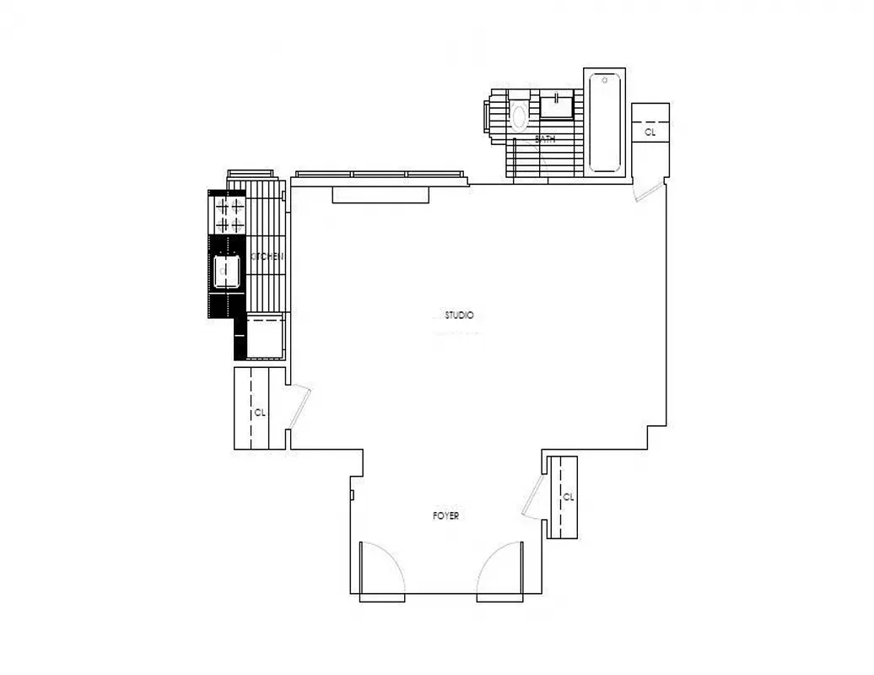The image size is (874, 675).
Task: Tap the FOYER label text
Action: coord(445,516)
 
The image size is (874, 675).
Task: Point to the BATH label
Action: coord(546,139)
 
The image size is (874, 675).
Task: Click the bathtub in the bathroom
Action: coord(604,122)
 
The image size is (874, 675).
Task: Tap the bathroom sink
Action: coord(557,105)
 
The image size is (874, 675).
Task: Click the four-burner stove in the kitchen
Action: coord(229,214)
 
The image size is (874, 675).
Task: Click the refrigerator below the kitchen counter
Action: coord(263,337)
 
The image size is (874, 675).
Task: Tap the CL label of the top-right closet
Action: coord(650,132)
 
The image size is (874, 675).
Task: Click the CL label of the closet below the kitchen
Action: coord(260,413)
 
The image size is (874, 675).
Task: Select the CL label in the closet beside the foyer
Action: coord(568,496)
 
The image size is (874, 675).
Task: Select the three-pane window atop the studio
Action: coord(379,175)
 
